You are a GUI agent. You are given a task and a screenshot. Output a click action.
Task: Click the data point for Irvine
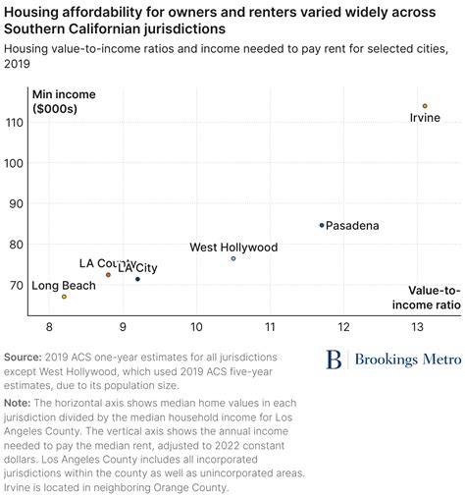pos(425,106)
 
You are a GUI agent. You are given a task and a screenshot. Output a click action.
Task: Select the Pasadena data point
pos(322,225)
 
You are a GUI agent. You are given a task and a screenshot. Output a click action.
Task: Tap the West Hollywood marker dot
pos(233,258)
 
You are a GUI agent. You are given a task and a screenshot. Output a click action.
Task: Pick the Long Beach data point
pos(65,297)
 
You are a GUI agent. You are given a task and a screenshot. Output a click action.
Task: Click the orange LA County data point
pos(108,275)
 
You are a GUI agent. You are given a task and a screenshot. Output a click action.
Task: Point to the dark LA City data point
pos(137,279)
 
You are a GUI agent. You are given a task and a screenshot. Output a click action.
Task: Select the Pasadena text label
pos(352,226)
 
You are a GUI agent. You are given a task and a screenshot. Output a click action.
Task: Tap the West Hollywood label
pos(233,248)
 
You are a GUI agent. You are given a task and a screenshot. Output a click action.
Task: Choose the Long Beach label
pos(65,286)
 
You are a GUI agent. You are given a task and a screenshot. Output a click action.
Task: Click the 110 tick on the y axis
pos(16,123)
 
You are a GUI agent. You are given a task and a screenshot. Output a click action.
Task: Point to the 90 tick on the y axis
pos(16,203)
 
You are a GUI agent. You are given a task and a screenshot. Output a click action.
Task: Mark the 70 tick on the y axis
pos(16,285)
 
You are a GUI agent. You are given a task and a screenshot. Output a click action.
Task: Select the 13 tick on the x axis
pos(417,325)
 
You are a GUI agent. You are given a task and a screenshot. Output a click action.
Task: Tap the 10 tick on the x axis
pos(196,325)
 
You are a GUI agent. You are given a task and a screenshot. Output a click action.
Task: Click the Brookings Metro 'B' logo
pos(336,360)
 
